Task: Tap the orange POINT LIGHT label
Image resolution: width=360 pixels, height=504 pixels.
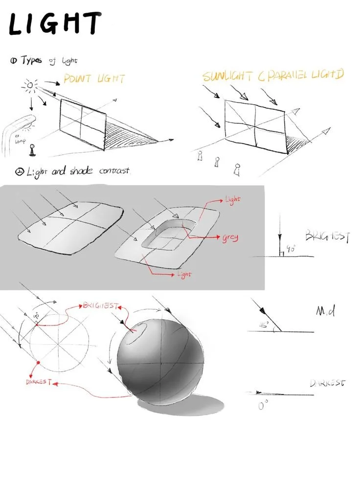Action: coord(94,79)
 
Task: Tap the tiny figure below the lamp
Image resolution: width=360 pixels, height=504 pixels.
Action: coord(33,150)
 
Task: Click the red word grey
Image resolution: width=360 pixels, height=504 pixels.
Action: coord(229,238)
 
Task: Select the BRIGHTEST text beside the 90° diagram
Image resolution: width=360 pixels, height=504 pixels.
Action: coord(327,237)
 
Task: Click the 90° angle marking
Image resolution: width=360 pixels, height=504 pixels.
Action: coord(291,249)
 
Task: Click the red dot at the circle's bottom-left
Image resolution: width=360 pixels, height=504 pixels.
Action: coord(38,363)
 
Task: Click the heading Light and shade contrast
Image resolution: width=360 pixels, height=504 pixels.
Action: coord(73,172)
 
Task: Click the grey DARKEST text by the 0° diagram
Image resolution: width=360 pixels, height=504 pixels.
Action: coord(327,383)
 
